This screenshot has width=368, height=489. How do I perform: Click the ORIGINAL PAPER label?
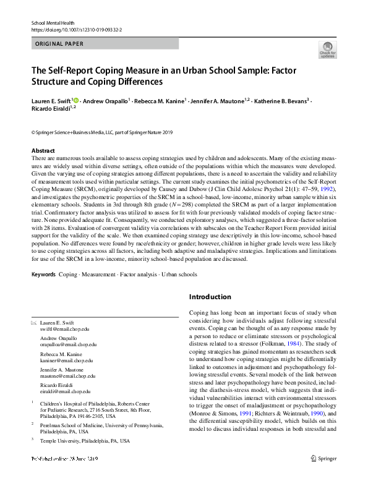tap(59, 44)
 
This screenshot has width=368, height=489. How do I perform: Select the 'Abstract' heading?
tap(43, 150)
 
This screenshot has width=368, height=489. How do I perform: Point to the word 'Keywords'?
tap(43, 274)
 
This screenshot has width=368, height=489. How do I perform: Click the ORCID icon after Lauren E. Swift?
tap(77, 100)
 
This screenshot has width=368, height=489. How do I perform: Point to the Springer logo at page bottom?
tap(323, 475)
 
